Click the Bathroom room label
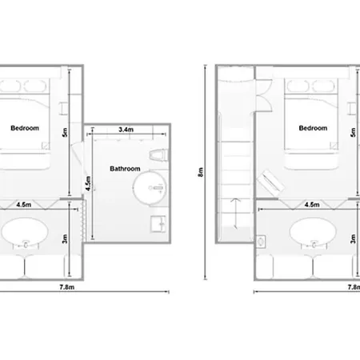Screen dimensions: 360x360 click(x=125, y=169)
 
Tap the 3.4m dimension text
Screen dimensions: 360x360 click(x=126, y=130)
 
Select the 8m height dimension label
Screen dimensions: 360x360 click(x=201, y=172)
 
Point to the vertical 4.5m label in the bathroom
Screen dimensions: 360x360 click(x=88, y=183)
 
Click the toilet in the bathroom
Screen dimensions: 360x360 click(x=159, y=155)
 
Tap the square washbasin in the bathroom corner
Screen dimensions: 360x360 click(x=158, y=224)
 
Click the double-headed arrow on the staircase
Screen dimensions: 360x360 click(x=235, y=214)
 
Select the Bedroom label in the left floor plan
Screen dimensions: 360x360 click(x=25, y=128)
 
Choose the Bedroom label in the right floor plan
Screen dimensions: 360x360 click(x=313, y=128)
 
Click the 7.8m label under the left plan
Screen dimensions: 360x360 click(x=67, y=287)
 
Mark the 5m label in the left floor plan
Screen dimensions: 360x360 click(x=65, y=132)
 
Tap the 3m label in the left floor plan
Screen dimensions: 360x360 click(x=65, y=238)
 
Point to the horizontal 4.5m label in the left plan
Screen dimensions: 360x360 click(x=24, y=205)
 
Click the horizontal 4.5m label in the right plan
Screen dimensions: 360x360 click(x=312, y=205)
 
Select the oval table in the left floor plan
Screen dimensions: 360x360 click(x=25, y=231)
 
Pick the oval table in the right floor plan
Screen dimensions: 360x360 click(x=313, y=231)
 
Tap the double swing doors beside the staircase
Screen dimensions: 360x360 click(x=264, y=95)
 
